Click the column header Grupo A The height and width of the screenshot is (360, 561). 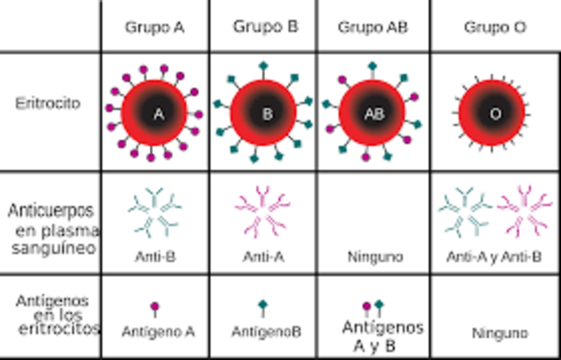click(x=155, y=26)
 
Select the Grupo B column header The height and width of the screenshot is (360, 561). click(x=266, y=26)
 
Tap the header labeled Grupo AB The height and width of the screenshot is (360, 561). click(x=373, y=27)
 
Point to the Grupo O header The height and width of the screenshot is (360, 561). click(x=495, y=27)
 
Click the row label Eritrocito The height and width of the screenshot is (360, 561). click(x=48, y=103)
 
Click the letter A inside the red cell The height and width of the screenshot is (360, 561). click(x=158, y=113)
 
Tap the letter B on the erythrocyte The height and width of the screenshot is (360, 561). click(x=266, y=113)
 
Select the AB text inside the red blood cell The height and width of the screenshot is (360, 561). click(x=373, y=114)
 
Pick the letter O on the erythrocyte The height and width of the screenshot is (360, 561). click(x=494, y=114)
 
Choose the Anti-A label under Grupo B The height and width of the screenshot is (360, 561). click(x=263, y=257)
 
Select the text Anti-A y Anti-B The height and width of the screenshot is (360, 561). click(x=494, y=257)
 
